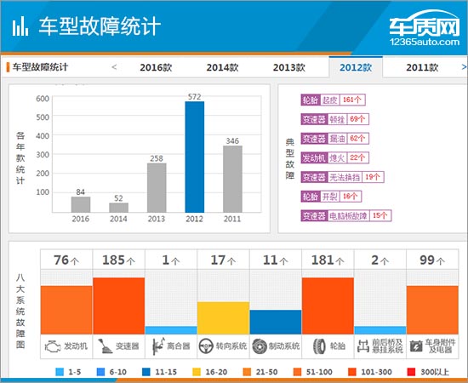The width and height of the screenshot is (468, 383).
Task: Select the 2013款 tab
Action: (289, 67)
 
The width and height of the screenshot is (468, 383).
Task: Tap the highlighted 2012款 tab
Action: (356, 67)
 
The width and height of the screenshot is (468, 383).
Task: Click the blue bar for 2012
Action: (194, 157)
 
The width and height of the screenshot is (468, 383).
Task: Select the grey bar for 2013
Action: (156, 187)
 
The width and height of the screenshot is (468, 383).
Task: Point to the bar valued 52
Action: (119, 207)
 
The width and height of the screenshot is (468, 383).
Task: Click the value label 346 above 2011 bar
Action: (232, 140)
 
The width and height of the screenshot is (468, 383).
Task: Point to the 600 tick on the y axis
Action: (43, 99)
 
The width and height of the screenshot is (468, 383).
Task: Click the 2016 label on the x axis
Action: (80, 220)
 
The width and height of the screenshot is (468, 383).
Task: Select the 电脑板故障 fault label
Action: (349, 215)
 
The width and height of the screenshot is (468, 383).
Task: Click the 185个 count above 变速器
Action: (118, 260)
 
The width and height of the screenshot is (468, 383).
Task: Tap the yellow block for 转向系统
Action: (223, 317)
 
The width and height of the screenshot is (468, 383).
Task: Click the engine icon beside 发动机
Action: (54, 346)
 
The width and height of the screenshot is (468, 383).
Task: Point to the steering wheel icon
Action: (206, 346)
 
